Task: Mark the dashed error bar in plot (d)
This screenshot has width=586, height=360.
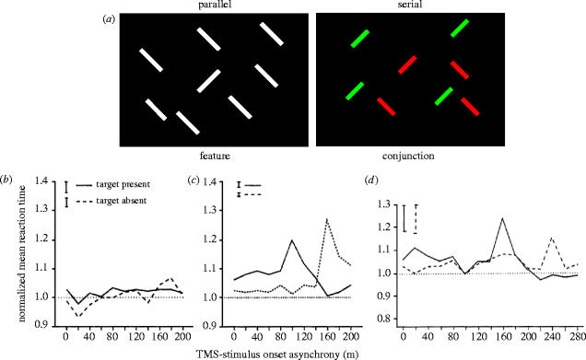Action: (416, 218)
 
